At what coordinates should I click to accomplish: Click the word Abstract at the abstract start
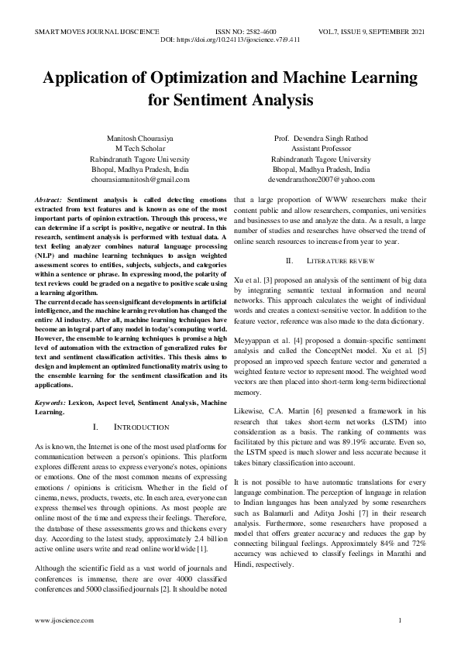[50, 200]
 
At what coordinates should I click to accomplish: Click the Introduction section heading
[141, 427]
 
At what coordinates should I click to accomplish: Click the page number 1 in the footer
[399, 621]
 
